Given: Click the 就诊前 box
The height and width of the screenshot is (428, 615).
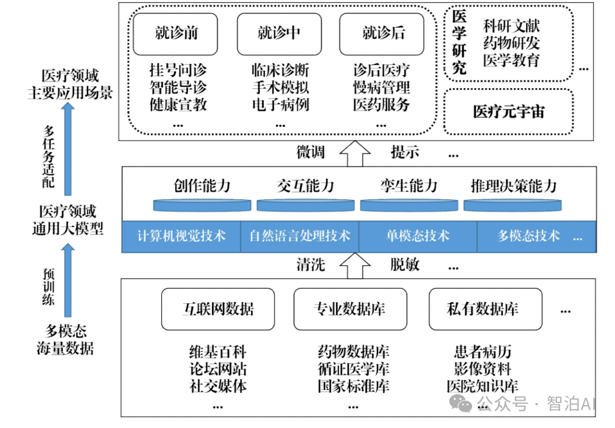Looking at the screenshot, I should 176,34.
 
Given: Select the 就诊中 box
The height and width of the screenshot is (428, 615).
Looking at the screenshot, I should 279,34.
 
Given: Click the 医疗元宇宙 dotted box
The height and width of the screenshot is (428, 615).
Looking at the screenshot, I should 508,112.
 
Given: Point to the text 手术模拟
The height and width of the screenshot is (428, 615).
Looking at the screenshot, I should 280,88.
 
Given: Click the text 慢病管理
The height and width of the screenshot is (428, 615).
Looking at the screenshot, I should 382,88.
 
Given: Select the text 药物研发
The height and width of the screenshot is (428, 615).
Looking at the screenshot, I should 511,43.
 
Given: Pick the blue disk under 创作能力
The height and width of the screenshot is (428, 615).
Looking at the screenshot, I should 202,205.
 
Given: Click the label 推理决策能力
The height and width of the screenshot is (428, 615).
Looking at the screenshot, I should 513,186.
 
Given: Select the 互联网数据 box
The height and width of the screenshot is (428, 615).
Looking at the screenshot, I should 218,309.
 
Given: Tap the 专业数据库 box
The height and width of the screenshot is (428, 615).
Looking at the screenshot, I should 350,309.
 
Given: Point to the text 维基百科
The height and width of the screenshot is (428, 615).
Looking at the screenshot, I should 218,352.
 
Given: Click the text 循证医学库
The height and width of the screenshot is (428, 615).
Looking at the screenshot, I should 353,369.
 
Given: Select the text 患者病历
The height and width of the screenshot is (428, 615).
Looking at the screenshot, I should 482,352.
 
